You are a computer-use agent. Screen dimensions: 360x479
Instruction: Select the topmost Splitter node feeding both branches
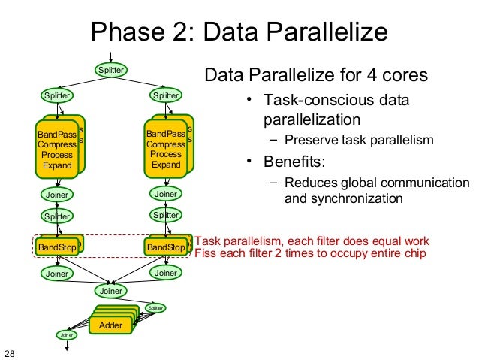pos(111,70)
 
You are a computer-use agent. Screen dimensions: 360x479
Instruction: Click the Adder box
pos(110,325)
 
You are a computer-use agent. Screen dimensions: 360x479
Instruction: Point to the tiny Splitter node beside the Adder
pos(155,307)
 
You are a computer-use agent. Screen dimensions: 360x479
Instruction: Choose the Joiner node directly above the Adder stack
pos(111,290)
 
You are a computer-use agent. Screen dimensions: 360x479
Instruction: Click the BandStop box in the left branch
pos(57,247)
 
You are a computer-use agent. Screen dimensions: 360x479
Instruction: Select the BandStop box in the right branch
pos(165,247)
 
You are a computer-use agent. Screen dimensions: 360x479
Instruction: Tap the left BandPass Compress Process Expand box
pos(56,149)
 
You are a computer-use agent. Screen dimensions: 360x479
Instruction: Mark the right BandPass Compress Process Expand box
pos(166,149)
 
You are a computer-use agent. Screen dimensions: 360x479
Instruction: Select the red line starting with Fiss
pos(310,253)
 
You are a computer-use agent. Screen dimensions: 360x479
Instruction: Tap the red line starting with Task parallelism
pos(312,241)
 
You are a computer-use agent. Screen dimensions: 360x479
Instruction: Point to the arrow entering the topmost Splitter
pos(111,57)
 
